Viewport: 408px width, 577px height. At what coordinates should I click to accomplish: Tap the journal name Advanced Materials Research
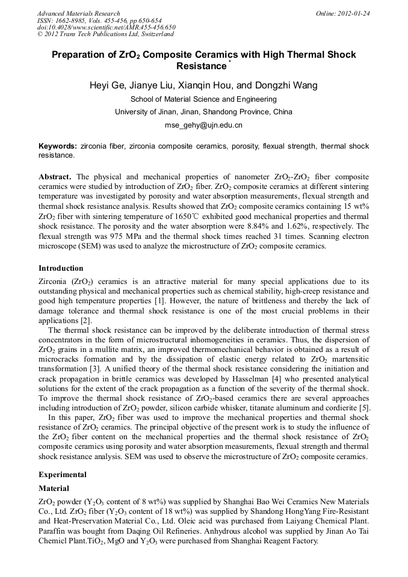point(79,13)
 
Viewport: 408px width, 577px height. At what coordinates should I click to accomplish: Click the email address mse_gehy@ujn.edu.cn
point(203,125)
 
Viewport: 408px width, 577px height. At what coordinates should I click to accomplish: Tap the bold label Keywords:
point(58,146)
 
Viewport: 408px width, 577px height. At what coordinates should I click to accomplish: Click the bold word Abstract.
point(55,177)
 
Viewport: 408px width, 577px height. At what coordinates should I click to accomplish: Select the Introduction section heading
point(61,268)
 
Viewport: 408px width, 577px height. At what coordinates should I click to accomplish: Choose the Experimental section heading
point(63,474)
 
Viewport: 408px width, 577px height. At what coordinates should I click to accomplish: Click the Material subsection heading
point(54,488)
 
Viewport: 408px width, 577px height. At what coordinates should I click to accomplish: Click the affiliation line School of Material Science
point(203,99)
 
